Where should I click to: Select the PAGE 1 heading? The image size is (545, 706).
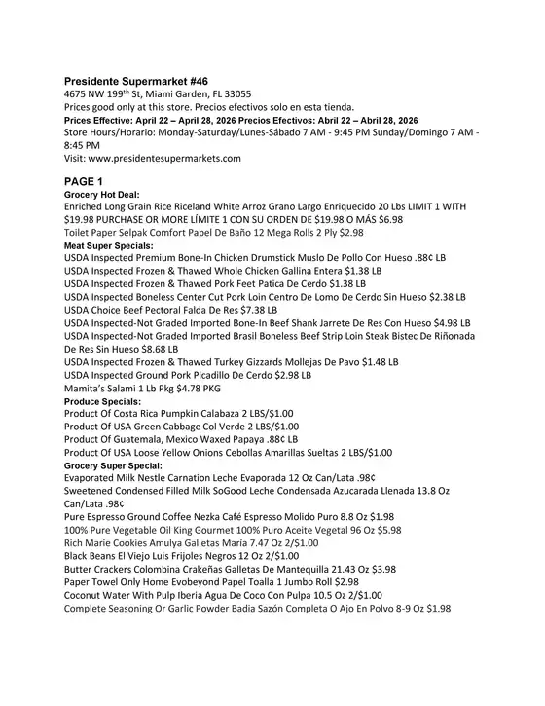[91, 181]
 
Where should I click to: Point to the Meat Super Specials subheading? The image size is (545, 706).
[112, 246]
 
